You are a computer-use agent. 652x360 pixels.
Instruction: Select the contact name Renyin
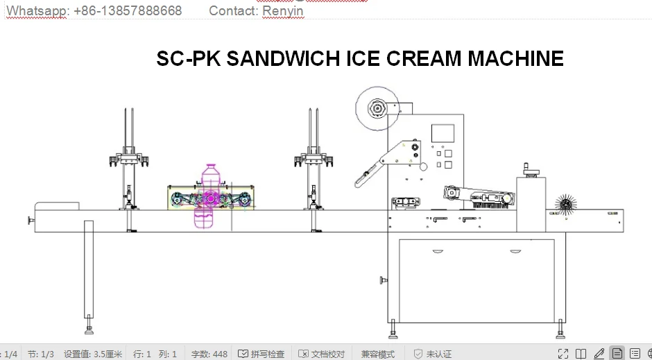click(x=282, y=10)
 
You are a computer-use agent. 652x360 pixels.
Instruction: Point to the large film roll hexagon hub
click(x=378, y=109)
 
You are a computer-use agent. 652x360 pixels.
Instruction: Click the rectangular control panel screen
click(x=442, y=135)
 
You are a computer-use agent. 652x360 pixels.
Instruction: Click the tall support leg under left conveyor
click(x=89, y=271)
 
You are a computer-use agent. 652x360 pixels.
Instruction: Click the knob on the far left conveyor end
click(x=31, y=221)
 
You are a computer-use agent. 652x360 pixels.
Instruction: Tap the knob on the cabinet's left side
click(x=383, y=280)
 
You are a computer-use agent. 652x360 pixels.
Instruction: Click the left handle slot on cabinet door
click(x=438, y=250)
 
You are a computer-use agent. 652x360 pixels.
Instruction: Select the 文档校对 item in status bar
click(x=322, y=354)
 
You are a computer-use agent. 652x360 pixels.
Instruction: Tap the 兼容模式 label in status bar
click(x=377, y=354)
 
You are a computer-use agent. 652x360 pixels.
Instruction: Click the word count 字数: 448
click(x=209, y=354)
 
